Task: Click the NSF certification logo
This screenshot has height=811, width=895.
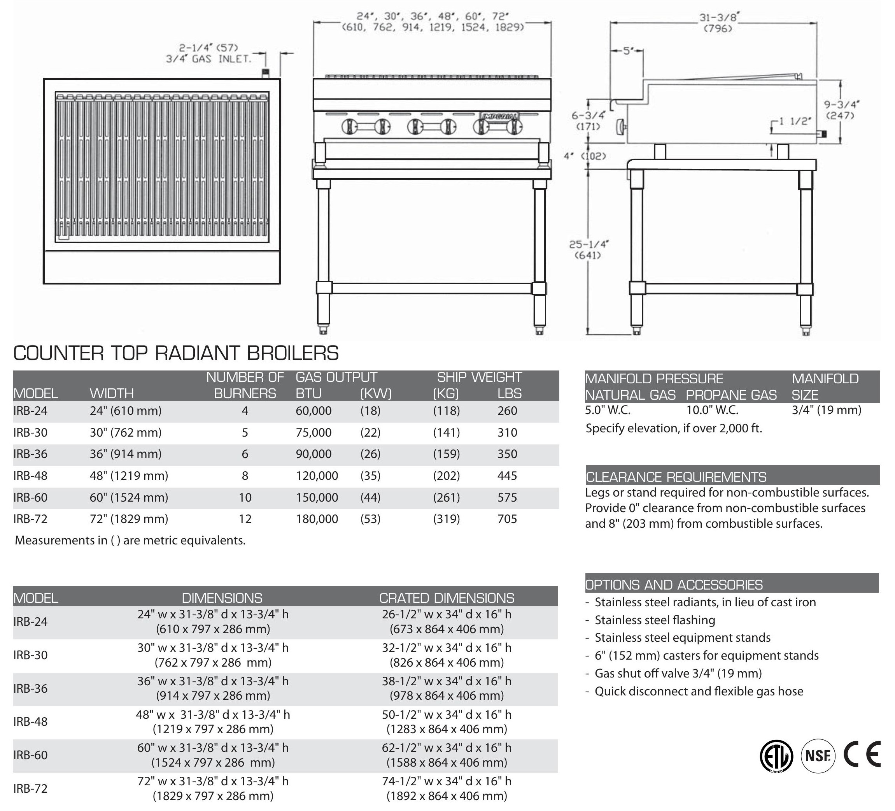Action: pyautogui.click(x=818, y=755)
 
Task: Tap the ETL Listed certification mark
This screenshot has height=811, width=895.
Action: pyautogui.click(x=776, y=756)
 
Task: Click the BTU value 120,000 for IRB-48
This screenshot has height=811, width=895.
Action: pyautogui.click(x=317, y=476)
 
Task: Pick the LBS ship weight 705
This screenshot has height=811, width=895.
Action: pyautogui.click(x=507, y=519)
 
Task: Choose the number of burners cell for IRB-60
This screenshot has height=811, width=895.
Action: pyautogui.click(x=245, y=497)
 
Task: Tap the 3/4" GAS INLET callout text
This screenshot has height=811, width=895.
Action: pyautogui.click(x=208, y=59)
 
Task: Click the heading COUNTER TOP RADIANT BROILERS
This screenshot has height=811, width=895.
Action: pyautogui.click(x=176, y=353)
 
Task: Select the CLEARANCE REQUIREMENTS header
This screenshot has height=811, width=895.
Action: pyautogui.click(x=676, y=477)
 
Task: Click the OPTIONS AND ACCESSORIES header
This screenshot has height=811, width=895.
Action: pyautogui.click(x=674, y=585)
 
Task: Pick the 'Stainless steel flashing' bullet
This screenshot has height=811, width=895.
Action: pyautogui.click(x=655, y=620)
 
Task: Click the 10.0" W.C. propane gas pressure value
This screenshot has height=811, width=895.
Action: pyautogui.click(x=712, y=410)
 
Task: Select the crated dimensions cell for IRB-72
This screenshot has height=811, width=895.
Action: pyautogui.click(x=447, y=788)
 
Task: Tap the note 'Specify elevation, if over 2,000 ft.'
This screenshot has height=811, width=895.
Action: pyautogui.click(x=673, y=428)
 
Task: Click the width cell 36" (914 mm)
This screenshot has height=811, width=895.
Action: pyautogui.click(x=126, y=454)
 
